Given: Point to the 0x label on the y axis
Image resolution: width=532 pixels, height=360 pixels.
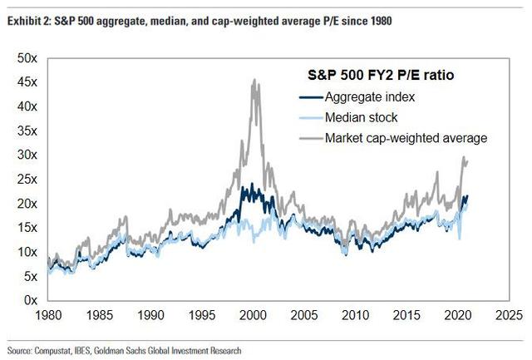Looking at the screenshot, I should (30, 300).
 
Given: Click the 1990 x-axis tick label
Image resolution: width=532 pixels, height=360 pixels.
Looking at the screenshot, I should (149, 316).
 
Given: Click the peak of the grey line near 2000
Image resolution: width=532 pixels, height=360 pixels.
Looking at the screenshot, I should (254, 80).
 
